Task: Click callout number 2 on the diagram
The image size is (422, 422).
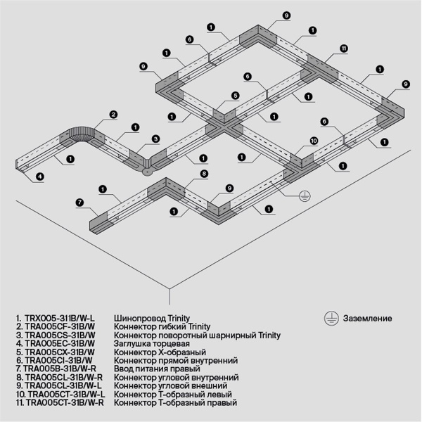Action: click(x=113, y=115)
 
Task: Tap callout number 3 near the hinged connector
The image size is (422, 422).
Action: click(x=156, y=139)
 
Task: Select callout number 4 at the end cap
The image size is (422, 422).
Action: click(x=39, y=176)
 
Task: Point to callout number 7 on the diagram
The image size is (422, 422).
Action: click(x=80, y=203)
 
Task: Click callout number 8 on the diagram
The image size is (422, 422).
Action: click(x=204, y=173)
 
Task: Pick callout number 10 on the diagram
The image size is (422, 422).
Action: click(x=314, y=141)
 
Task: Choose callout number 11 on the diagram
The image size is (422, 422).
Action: click(x=343, y=49)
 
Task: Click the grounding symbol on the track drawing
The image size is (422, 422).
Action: click(x=304, y=195)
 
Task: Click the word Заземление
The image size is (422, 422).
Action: click(x=368, y=318)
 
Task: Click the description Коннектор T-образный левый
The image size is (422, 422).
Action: click(x=173, y=394)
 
